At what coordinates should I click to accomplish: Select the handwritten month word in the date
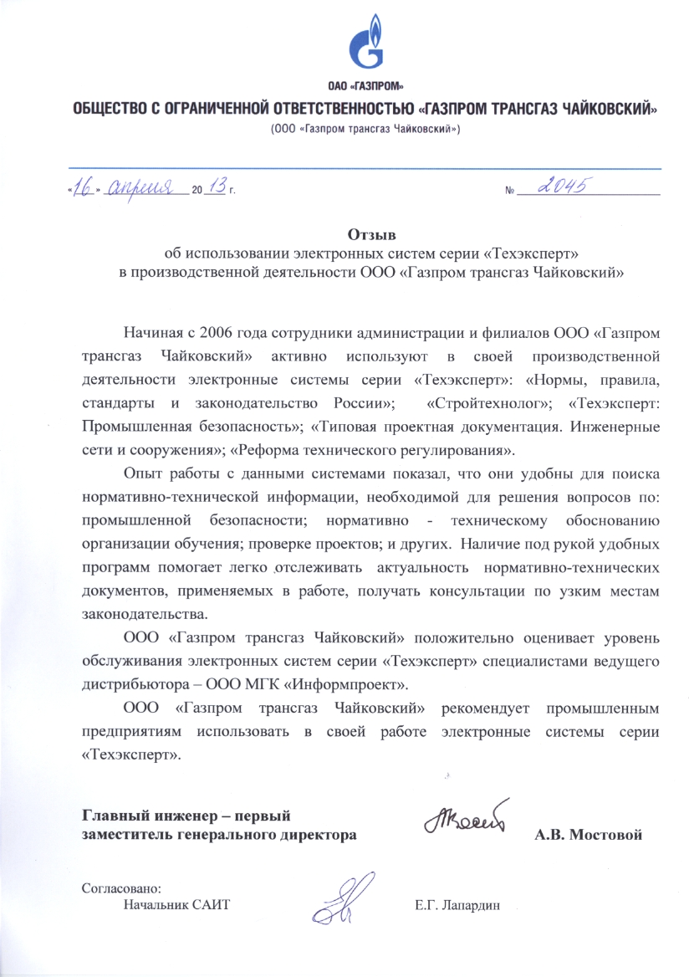145,187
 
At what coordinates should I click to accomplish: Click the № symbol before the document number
510,192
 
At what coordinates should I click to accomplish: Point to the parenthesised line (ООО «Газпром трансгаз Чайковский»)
364,130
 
